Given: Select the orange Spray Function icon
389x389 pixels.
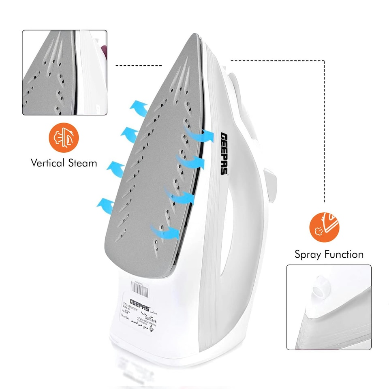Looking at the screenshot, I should pyautogui.click(x=325, y=227).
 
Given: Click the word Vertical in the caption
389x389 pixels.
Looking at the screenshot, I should pyautogui.click(x=48, y=163).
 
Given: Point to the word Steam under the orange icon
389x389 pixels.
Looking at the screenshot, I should pyautogui.click(x=82, y=163).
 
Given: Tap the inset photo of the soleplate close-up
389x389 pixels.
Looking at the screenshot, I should pyautogui.click(x=65, y=73).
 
